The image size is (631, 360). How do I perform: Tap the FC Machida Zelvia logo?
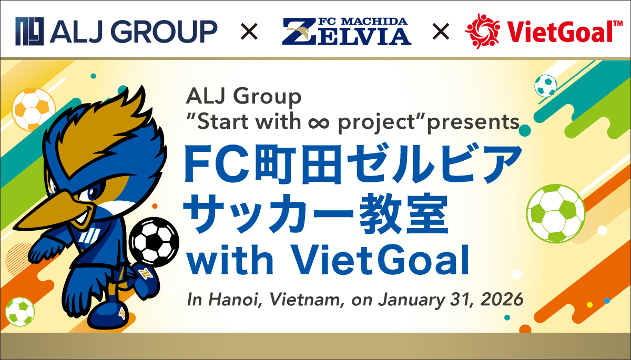point(346,31)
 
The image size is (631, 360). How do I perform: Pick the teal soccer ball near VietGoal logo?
point(545,86)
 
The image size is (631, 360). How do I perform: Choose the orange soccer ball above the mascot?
point(33,109)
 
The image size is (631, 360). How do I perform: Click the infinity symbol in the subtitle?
point(317,122)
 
